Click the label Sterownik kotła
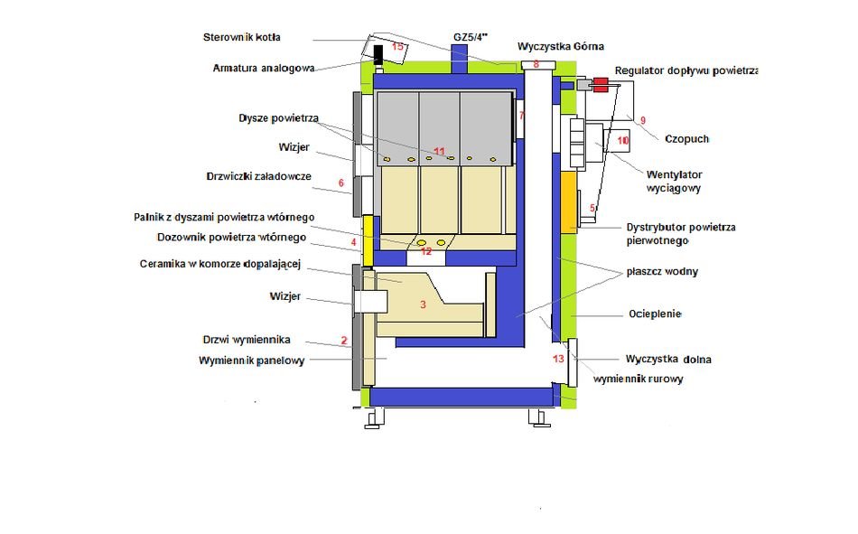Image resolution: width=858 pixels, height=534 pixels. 241,37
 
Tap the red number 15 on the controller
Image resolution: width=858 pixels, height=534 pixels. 397,47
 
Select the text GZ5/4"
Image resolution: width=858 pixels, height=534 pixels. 471,37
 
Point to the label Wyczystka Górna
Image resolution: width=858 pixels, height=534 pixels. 561,47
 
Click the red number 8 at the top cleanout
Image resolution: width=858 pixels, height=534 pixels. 536,64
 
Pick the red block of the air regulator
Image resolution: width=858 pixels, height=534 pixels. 601,84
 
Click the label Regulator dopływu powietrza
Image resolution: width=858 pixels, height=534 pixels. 686,70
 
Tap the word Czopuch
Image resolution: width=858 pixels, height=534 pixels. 686,139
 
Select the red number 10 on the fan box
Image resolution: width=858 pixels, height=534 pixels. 622,141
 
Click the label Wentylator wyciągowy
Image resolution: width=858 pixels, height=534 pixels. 674,182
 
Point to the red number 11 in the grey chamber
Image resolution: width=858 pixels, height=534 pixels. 439,152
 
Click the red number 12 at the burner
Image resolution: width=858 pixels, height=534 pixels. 426,251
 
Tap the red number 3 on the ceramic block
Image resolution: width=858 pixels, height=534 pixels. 423,304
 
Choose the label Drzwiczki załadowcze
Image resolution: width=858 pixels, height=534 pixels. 259,176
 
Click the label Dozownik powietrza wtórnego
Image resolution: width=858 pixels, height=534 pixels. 231,237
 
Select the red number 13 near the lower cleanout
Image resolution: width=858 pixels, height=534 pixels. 558,359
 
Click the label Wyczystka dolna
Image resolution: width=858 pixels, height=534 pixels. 668,360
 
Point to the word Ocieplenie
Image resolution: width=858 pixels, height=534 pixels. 655,314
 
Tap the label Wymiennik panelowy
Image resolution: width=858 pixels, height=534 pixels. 252,361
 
